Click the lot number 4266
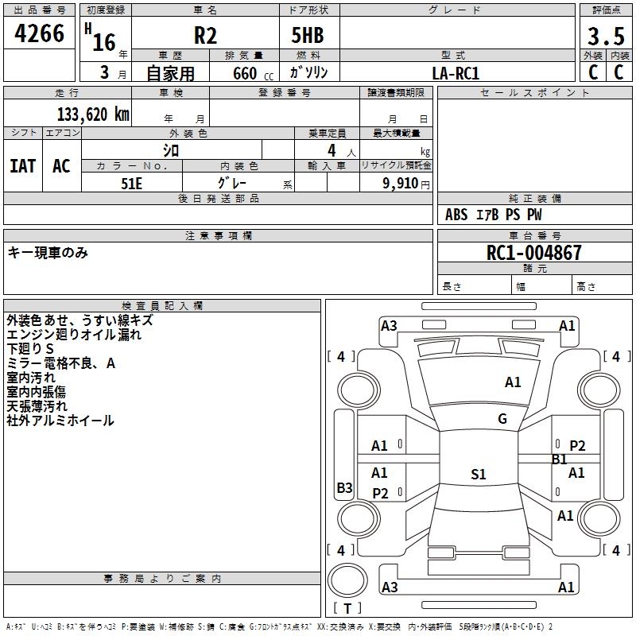tap(39, 33)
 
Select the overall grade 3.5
tap(606, 37)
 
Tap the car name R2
tap(205, 35)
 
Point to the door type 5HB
tap(308, 35)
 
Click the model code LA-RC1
tap(456, 73)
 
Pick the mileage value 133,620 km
tap(93, 114)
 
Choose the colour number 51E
tap(131, 184)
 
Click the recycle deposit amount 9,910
tap(401, 184)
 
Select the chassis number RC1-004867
tap(533, 253)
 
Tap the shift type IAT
tap(23, 166)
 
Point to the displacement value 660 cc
tap(253, 74)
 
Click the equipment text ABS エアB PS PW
tap(493, 215)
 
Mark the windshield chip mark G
tap(502, 419)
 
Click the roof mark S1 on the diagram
tap(479, 474)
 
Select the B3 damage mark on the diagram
tap(344, 487)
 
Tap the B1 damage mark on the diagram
tap(559, 460)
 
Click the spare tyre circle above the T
tap(347, 580)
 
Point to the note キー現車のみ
tap(48, 253)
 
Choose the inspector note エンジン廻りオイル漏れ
tap(74, 335)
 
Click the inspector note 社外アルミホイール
tap(60, 421)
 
